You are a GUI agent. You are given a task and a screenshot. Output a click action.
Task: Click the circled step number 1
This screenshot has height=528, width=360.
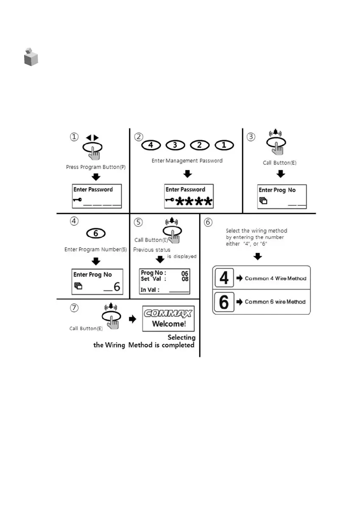pos(74,137)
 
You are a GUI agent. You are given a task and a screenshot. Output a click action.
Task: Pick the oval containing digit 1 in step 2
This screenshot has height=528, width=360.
pos(225,145)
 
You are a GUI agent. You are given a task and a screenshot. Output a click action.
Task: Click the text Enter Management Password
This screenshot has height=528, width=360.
pos(187,161)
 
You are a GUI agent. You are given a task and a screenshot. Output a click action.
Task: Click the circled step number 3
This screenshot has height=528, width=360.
pos(251,137)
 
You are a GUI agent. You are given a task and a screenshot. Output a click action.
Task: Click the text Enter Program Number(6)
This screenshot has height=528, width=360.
pos(96,249)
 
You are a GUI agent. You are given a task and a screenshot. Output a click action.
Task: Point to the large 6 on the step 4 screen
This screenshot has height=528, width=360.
pos(116,287)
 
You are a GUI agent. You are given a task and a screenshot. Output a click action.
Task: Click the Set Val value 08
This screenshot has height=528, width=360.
pos(185,279)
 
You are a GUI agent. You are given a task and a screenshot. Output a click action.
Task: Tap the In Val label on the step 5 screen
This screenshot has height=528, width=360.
pos(150,290)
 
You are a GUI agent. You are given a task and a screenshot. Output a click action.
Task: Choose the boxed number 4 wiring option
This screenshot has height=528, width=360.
pos(224,279)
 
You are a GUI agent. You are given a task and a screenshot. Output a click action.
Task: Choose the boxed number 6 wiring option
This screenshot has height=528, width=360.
pos(224,302)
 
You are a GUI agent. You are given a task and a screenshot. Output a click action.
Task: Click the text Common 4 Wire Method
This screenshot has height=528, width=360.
pos(275,279)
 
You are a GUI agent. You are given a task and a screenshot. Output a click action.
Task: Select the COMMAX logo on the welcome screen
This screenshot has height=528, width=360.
pos(168,313)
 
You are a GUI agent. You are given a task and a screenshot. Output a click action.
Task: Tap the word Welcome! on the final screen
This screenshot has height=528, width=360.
pos(169,324)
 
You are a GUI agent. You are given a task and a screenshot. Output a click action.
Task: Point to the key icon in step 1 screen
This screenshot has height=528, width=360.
pos(78,199)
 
